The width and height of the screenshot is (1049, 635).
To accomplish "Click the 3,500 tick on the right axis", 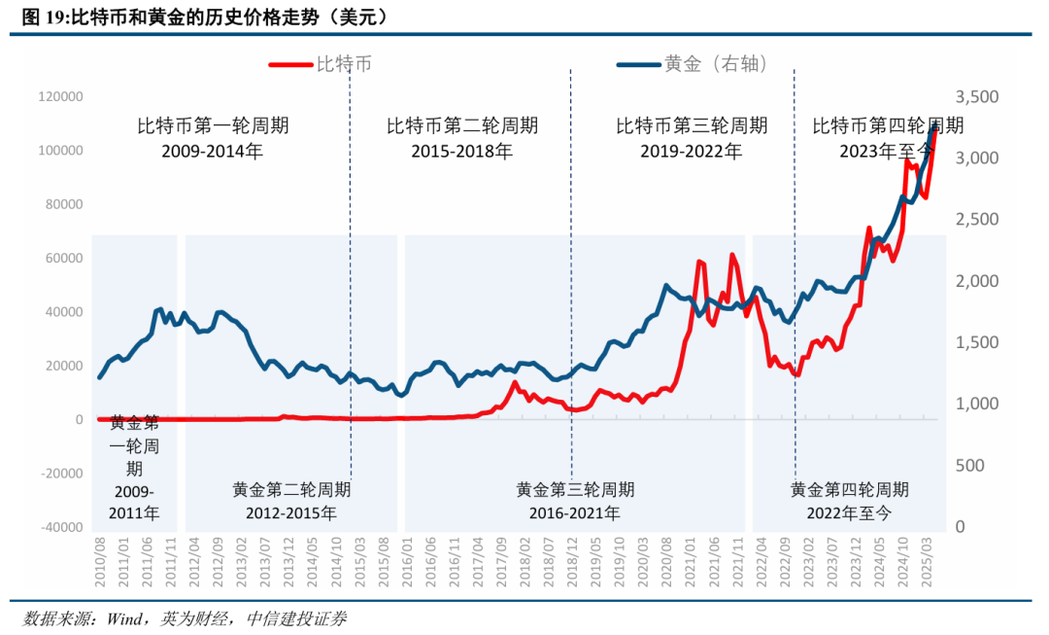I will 976,97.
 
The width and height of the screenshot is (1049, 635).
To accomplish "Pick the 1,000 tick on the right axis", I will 976,405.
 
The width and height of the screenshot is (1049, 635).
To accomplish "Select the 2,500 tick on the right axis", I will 976,220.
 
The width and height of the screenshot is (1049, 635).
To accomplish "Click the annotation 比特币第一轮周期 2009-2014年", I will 212,138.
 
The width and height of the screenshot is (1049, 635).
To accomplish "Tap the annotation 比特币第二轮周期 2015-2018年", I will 461,138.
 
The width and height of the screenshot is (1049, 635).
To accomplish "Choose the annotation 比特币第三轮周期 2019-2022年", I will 691,138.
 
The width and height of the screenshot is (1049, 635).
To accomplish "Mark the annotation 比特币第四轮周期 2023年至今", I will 887,138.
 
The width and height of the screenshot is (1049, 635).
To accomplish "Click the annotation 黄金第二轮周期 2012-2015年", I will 291,501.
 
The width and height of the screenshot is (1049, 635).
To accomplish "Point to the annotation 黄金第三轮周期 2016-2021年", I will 575,501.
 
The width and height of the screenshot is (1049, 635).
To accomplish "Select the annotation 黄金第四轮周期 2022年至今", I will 849,501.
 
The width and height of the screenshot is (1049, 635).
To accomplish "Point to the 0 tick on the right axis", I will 961,527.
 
